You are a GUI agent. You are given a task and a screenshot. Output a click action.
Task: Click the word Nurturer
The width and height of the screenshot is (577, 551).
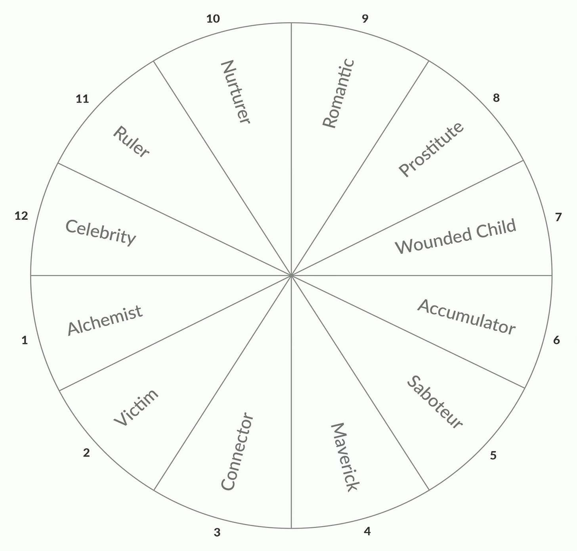(x=235, y=92)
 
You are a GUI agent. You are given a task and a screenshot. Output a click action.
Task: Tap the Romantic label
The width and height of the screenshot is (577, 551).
(x=338, y=94)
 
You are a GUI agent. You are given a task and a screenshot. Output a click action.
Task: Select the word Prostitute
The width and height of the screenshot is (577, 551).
(x=431, y=149)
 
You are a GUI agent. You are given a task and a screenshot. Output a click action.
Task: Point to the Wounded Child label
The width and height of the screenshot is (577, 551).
(x=456, y=236)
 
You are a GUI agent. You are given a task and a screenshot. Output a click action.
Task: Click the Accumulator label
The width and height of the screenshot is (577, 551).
(x=466, y=317)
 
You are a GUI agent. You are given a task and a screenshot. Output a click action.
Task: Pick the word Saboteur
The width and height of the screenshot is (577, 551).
(x=435, y=402)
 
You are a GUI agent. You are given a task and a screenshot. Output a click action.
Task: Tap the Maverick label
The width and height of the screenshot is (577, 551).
(x=345, y=457)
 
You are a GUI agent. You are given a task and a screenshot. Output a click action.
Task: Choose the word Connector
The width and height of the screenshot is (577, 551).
(x=237, y=451)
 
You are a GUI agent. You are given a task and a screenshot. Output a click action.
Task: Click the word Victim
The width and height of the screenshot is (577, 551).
(x=136, y=407)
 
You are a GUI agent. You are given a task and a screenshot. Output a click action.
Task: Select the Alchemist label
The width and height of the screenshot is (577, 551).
(x=105, y=320)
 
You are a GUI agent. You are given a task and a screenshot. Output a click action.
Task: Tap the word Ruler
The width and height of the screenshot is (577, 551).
(x=131, y=142)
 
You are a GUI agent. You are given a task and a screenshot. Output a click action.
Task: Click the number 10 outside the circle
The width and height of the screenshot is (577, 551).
(x=213, y=19)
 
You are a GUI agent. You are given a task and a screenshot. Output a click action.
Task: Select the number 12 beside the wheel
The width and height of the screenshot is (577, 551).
(x=21, y=216)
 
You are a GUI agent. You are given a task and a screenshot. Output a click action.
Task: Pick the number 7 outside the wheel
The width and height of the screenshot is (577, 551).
(x=558, y=217)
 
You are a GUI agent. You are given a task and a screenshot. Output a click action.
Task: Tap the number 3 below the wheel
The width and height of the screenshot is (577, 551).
(x=217, y=532)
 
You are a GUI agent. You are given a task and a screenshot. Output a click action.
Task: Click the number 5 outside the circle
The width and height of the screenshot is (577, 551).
(x=493, y=455)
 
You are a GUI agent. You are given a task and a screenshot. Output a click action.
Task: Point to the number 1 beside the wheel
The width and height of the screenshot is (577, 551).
(x=25, y=340)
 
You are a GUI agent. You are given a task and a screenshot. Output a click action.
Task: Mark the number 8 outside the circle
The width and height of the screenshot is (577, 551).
(x=496, y=98)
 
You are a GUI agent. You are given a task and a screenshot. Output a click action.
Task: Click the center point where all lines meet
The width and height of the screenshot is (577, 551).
(x=291, y=275)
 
